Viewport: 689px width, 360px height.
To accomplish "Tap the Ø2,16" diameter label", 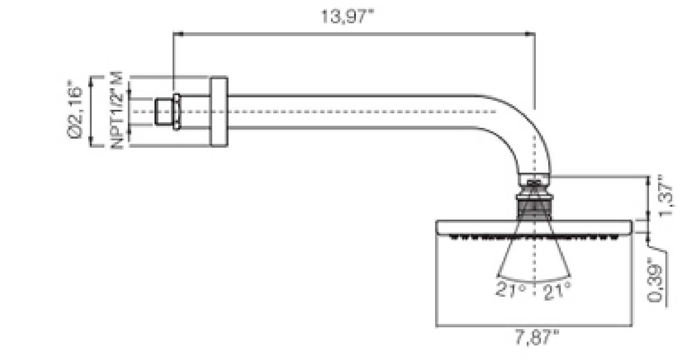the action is [x=75, y=109].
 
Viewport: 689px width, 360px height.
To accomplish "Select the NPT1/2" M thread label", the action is [x=117, y=111].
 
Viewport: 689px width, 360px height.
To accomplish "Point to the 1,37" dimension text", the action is [x=666, y=196].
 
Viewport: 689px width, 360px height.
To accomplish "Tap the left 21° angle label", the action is [x=511, y=289].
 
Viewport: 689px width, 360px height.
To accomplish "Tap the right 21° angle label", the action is [x=557, y=291].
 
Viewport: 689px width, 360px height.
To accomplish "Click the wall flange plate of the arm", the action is [x=219, y=112].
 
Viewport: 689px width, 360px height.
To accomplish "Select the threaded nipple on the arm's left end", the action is [x=164, y=112].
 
